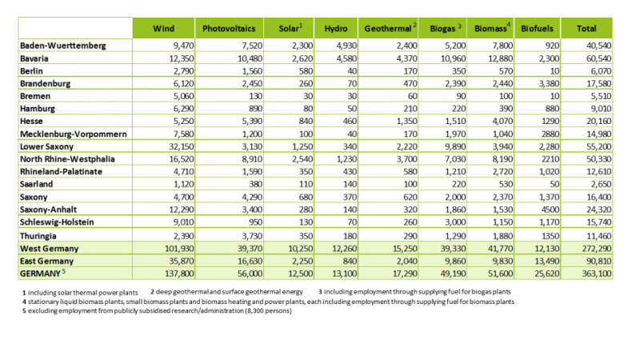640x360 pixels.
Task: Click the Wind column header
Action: [163, 29]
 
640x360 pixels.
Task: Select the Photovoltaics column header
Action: [229, 29]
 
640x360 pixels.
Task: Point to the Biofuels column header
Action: [537, 29]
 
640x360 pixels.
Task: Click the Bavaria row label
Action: [34, 58]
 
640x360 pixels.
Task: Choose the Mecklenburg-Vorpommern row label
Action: [74, 134]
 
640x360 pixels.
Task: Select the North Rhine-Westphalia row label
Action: [67, 159]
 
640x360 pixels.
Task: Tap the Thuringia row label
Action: [38, 236]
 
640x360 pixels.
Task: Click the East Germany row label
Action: [47, 262]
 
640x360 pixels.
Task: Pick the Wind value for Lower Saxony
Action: [182, 146]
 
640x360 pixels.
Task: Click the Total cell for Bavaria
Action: [598, 58]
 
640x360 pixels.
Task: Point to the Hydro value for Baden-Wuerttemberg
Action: [346, 46]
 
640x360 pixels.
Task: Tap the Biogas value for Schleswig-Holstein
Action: [455, 222]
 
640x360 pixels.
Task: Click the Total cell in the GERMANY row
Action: [597, 274]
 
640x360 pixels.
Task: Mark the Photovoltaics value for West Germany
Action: [250, 249]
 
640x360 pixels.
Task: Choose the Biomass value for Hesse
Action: [502, 122]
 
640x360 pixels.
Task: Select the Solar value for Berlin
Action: [306, 71]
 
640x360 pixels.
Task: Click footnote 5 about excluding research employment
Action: [157, 311]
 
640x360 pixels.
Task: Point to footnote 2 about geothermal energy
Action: [226, 292]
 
